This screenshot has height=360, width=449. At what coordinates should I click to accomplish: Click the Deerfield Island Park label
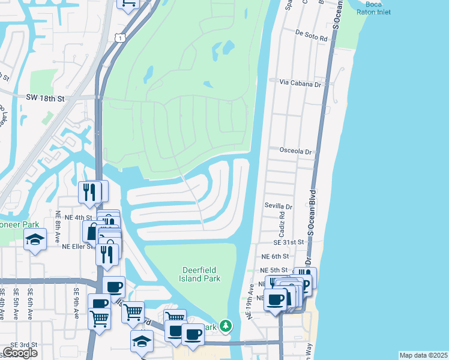pos(201,274)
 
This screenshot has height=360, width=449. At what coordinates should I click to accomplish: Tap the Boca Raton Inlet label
pos(373,8)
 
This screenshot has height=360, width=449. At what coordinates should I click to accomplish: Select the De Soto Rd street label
pos(311,38)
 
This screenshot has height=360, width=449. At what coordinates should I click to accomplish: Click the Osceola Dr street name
pos(295,152)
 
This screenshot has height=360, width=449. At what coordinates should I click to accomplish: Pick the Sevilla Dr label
pos(278,206)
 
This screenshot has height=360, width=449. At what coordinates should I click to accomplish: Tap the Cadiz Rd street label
pos(280,223)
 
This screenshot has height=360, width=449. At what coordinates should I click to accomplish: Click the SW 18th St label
pos(44,97)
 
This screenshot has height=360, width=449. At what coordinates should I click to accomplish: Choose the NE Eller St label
pos(78,246)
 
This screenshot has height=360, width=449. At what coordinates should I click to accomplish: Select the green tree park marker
pos(225,326)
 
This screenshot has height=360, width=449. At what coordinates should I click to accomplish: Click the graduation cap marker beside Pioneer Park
pos(35,240)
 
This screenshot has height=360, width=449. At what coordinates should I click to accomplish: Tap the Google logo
pos(20,353)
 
